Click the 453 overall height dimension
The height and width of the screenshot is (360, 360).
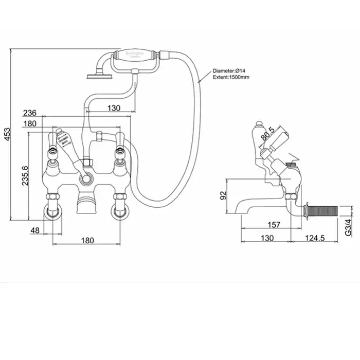coord(6,135)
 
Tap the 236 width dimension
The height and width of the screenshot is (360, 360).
coord(30,113)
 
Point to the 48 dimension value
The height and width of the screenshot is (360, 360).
coord(35,231)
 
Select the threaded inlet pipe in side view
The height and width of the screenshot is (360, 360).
coord(324,210)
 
